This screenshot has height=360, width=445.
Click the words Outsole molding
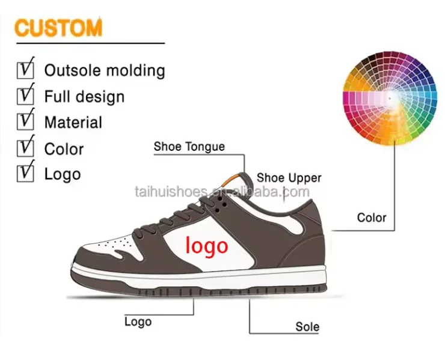point(105,70)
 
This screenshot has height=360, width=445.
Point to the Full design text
point(84,96)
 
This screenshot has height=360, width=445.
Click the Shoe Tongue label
point(189,146)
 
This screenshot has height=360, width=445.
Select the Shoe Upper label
point(289,178)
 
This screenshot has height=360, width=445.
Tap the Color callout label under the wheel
point(372,218)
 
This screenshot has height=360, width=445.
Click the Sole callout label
point(307,328)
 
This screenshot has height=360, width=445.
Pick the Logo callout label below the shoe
point(138,321)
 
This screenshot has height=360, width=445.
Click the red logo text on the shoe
point(207,245)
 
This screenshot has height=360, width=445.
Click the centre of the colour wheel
point(390,97)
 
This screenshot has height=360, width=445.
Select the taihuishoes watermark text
point(222,192)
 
